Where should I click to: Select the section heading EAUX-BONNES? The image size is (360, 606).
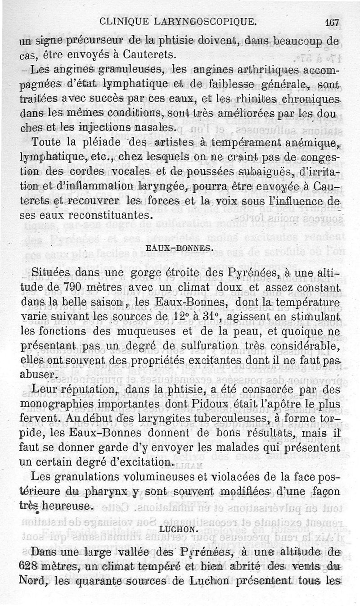click(179, 247)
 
